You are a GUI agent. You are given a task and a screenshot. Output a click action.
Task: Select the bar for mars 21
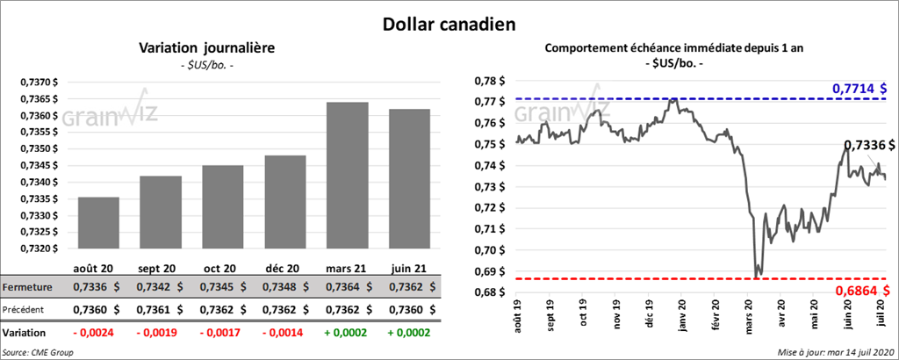pos(348,175)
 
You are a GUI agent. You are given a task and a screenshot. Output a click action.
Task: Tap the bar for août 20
pos(98,223)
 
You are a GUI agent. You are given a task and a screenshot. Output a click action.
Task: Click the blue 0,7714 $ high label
pos(859,89)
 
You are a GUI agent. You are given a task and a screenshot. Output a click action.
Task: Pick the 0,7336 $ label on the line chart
pos(869,145)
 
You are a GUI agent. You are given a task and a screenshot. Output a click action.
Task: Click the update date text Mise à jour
pos(834,352)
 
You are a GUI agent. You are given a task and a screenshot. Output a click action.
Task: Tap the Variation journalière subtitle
pos(206,48)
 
